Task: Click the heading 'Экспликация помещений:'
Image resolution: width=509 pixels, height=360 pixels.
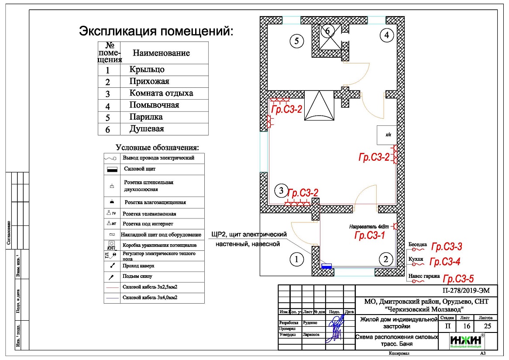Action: point(156,31)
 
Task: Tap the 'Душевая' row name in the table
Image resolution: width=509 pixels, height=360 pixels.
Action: point(147,129)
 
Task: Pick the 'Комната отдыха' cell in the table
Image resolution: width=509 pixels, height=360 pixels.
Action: point(161,93)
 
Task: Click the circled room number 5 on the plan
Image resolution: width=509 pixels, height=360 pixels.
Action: point(296,42)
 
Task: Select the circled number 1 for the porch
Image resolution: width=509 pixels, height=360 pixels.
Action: point(296,260)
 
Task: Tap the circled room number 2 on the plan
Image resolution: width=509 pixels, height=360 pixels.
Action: point(385,260)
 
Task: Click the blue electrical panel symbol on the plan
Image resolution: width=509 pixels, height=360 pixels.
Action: point(326,265)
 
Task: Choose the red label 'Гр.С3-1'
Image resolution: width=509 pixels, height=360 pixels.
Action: point(370,236)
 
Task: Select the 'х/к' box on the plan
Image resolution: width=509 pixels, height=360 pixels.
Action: point(388,135)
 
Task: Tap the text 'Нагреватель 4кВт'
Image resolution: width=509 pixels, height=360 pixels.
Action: point(369,226)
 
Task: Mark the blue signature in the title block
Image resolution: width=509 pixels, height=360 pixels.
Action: point(336,328)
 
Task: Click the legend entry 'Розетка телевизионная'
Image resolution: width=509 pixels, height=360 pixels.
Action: point(149,214)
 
